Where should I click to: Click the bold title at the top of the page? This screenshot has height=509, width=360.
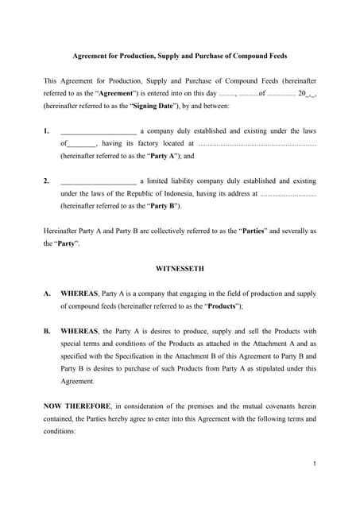180,56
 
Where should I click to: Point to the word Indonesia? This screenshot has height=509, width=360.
219,193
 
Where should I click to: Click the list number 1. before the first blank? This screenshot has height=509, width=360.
47,130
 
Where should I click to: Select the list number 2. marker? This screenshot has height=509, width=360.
47,181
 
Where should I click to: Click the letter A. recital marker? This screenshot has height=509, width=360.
47,293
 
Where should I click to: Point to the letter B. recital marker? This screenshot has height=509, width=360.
47,331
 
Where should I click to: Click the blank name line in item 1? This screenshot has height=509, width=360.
98,130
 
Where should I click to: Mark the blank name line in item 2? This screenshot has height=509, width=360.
98,181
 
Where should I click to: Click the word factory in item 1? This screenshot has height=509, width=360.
147,143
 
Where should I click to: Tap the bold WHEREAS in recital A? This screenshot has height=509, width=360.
79,293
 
